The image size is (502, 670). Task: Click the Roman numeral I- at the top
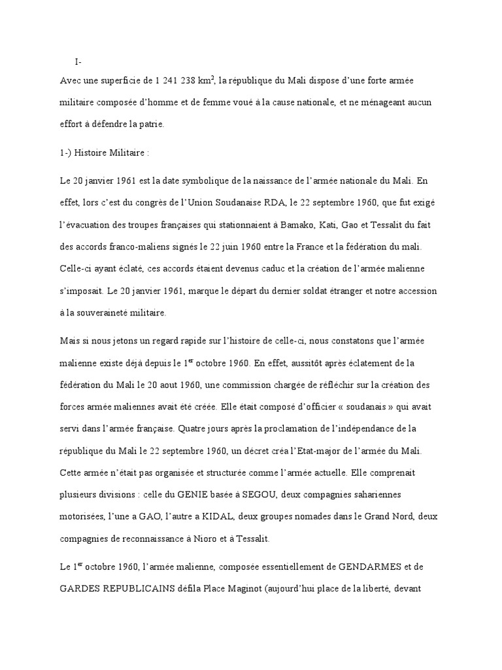(78, 62)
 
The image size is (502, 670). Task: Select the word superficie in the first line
(118, 80)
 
